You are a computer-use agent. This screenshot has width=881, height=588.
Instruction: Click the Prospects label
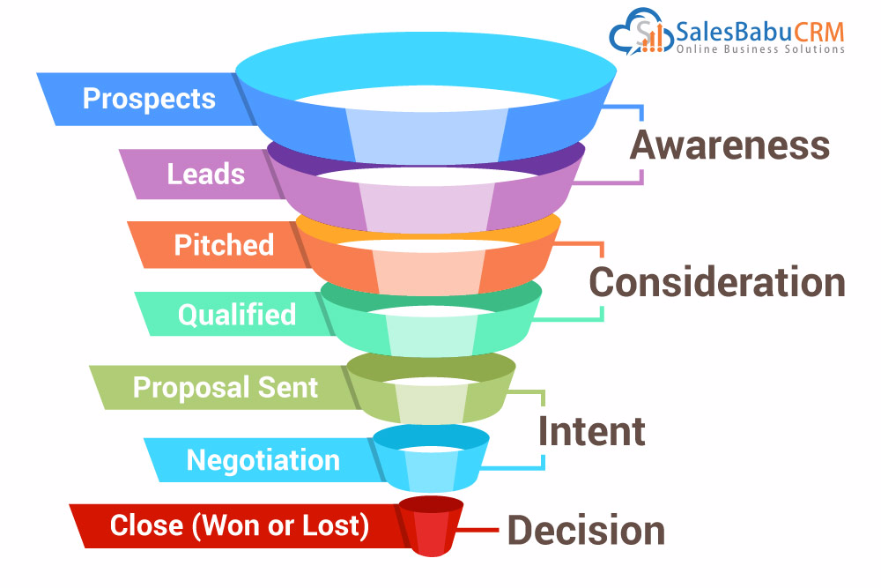[x=149, y=99]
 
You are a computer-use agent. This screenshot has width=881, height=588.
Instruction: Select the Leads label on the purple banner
[x=205, y=175]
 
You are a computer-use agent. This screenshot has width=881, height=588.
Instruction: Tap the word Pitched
[x=224, y=245]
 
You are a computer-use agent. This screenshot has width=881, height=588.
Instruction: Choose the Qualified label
[x=236, y=314]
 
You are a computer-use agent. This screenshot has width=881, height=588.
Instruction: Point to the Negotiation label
[x=263, y=460]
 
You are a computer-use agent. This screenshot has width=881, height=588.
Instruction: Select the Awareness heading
[x=729, y=145]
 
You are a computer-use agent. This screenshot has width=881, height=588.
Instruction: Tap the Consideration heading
[x=717, y=281]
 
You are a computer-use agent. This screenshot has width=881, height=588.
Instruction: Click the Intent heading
[x=592, y=431]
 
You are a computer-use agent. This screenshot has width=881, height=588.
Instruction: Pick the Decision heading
[x=586, y=530]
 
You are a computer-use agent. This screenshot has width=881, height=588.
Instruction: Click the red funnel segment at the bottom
[x=431, y=526]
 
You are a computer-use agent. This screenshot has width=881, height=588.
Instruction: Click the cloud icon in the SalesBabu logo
[x=641, y=32]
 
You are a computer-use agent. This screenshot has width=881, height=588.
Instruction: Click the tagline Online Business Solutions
[x=760, y=49]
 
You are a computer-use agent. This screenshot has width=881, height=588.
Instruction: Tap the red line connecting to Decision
[x=478, y=530]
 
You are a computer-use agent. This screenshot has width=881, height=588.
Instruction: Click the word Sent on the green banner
[x=288, y=387]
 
